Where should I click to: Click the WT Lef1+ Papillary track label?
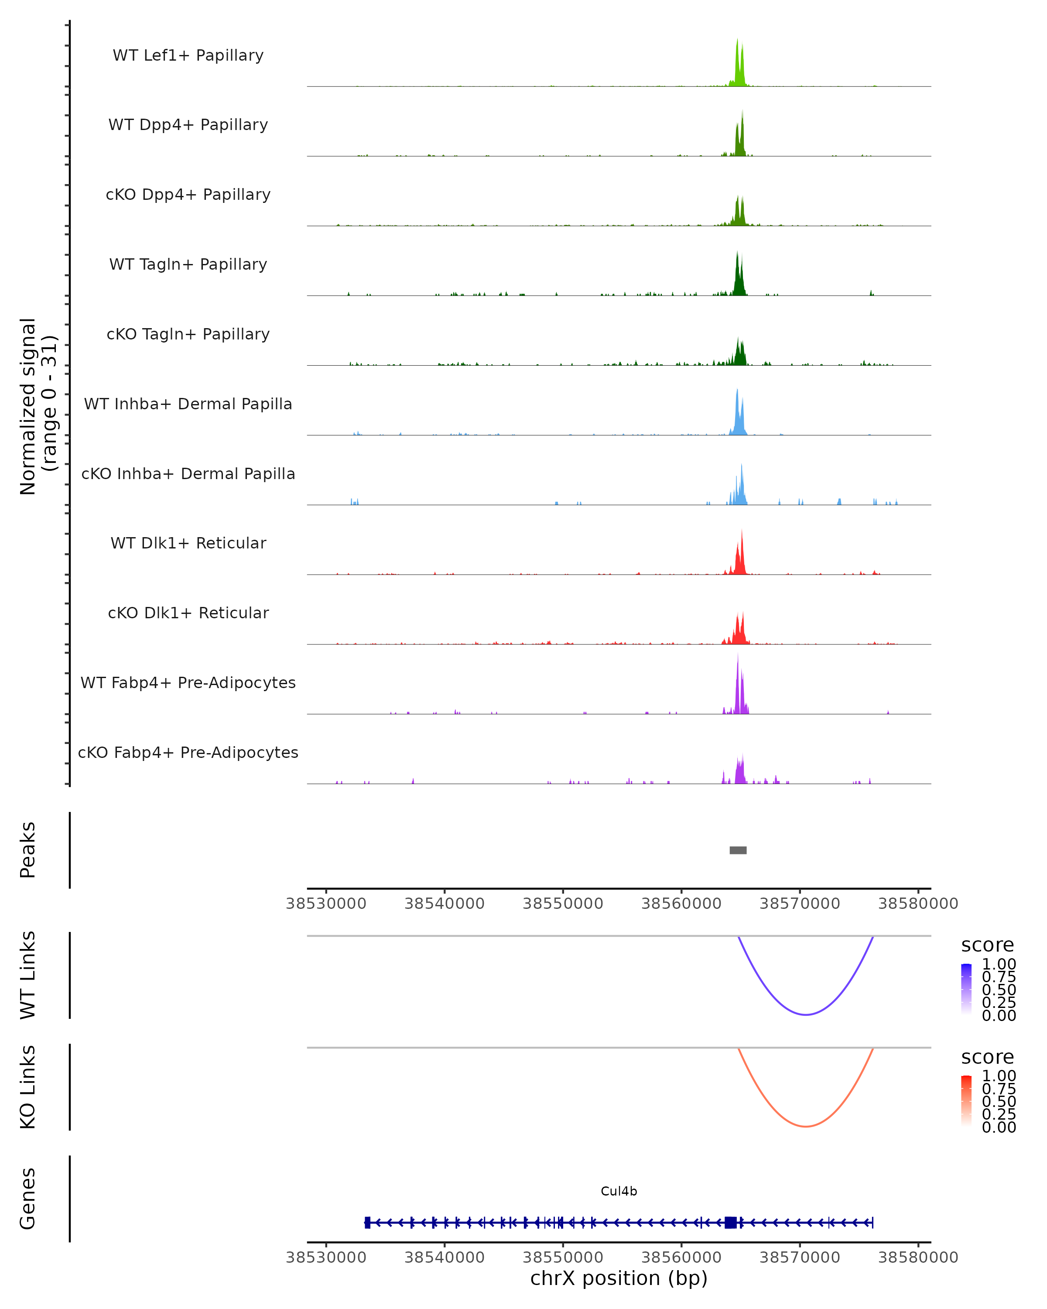click(188, 55)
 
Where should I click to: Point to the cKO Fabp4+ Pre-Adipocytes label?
click(188, 752)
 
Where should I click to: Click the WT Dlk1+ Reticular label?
click(188, 543)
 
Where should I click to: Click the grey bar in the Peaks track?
click(738, 850)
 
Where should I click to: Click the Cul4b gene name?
click(619, 1191)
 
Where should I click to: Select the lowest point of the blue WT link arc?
click(805, 1014)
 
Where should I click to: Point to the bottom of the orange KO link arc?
click(805, 1126)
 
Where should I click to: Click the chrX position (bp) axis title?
click(619, 1278)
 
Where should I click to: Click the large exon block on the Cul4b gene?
click(731, 1222)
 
